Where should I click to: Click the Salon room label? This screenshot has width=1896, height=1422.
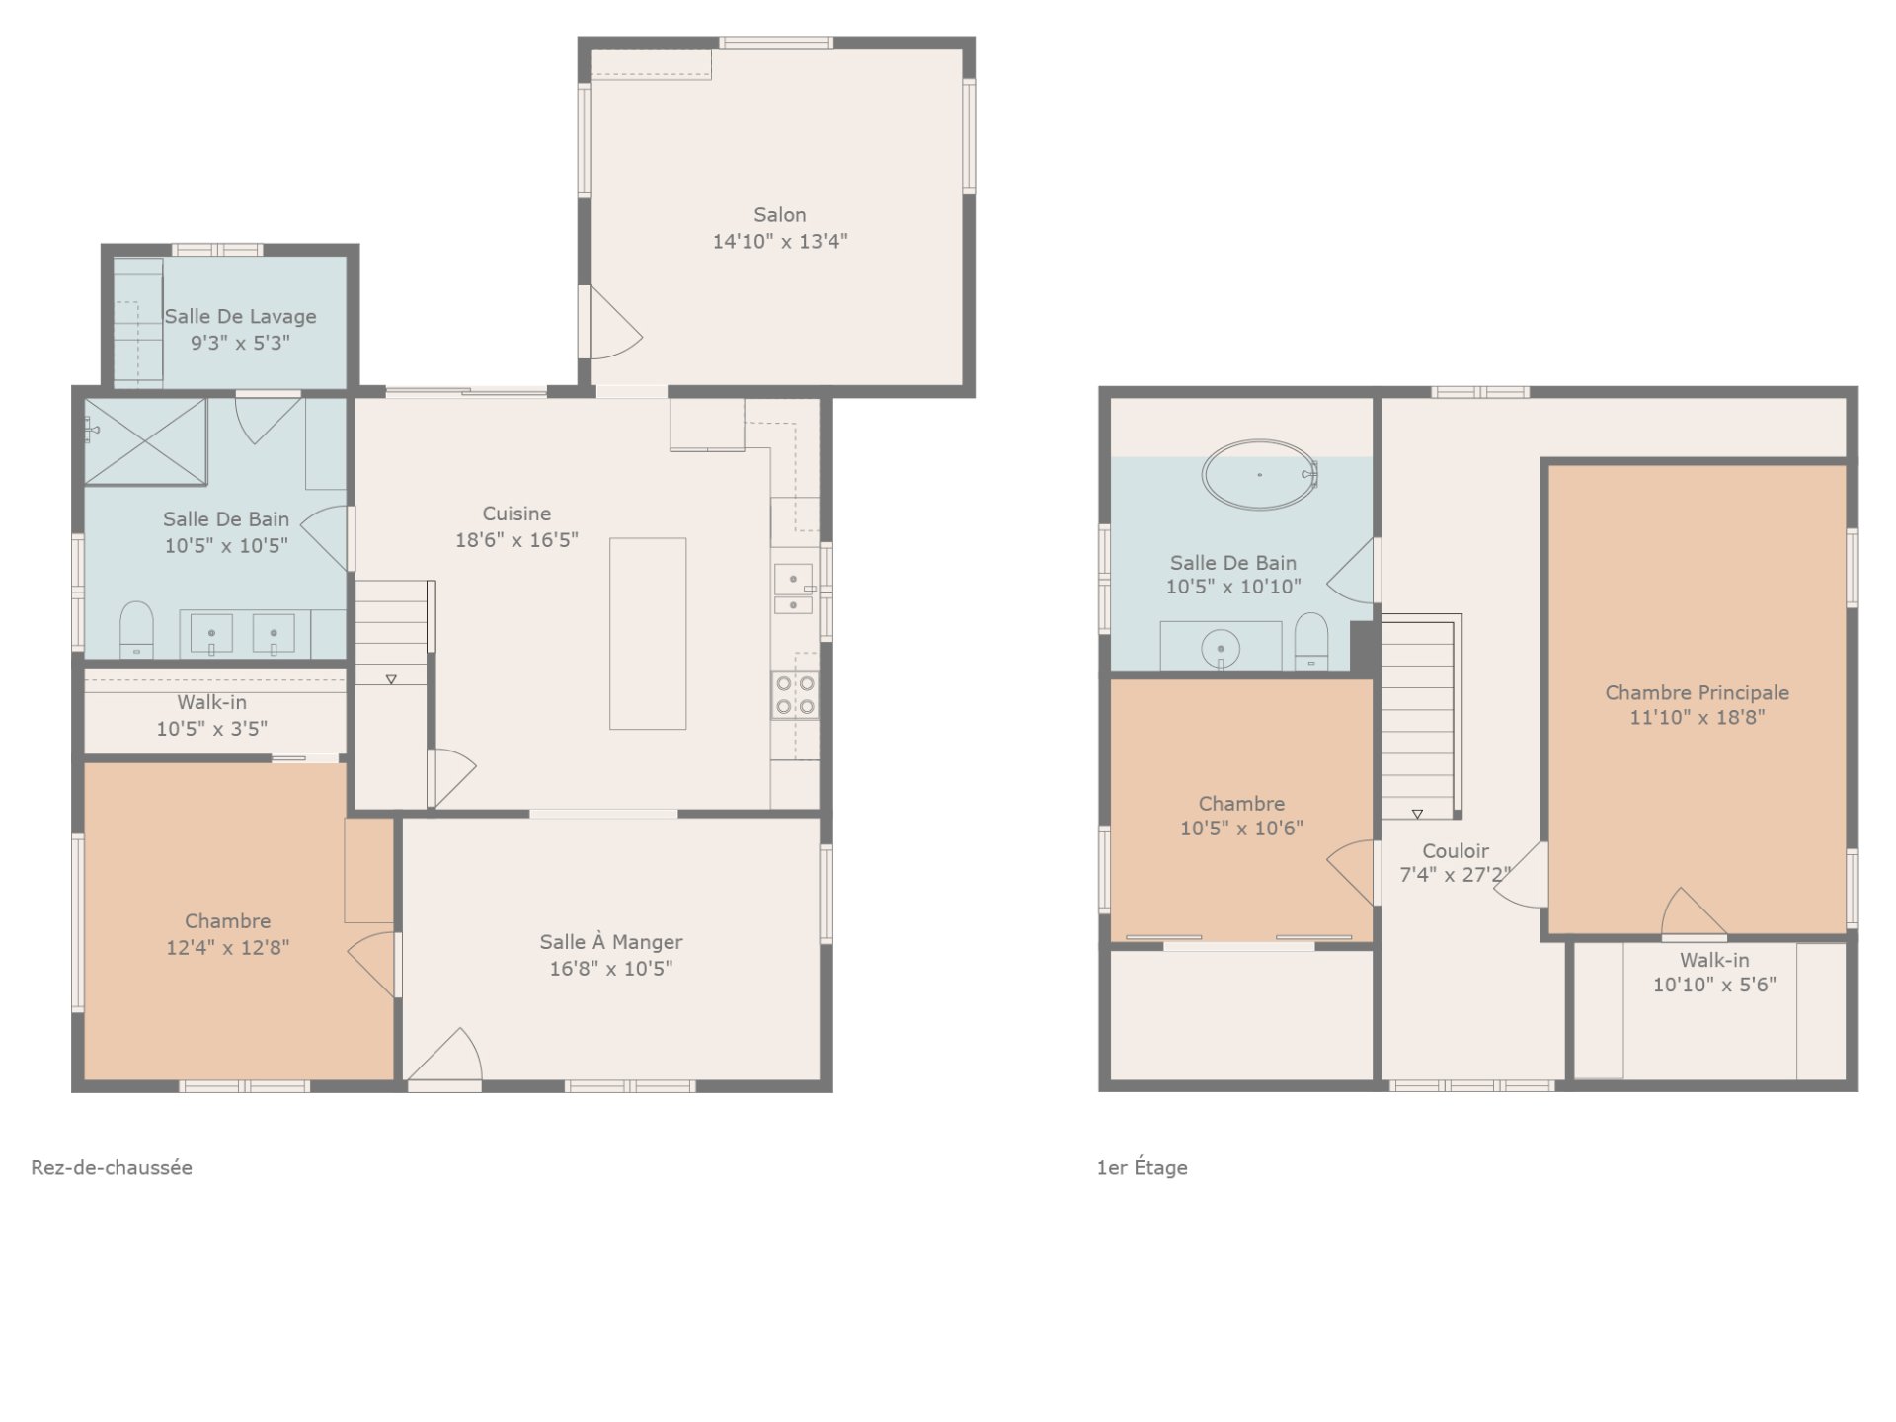tap(780, 215)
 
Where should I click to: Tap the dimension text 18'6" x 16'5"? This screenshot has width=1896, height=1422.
tap(516, 540)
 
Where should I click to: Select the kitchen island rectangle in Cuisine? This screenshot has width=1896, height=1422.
tap(648, 634)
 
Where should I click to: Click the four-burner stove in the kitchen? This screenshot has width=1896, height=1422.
tap(795, 695)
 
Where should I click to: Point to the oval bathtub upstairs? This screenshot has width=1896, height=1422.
tap(1260, 475)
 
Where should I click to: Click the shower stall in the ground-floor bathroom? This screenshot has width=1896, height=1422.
tap(145, 441)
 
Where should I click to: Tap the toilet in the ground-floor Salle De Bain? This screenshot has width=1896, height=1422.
tap(136, 630)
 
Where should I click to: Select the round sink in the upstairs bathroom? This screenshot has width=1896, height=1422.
tap(1221, 649)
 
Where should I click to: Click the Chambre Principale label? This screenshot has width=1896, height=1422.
tap(1697, 693)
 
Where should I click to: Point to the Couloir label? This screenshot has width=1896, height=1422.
tap(1456, 851)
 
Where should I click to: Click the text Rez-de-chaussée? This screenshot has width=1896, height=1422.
tap(112, 1167)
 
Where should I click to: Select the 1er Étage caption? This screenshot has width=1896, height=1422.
tap(1142, 1167)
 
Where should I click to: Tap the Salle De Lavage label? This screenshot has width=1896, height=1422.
tap(240, 317)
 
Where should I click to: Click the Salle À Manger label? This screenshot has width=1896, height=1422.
tap(611, 942)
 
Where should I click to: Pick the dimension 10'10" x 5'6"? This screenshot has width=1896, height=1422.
tap(1714, 985)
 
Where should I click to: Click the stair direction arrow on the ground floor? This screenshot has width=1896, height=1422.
tap(391, 679)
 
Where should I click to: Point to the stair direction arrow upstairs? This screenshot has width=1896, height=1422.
tap(1417, 815)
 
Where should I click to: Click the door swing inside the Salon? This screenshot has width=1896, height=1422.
tap(614, 323)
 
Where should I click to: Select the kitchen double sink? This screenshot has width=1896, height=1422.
tap(793, 589)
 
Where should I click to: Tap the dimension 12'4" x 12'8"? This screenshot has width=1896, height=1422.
tap(228, 948)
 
